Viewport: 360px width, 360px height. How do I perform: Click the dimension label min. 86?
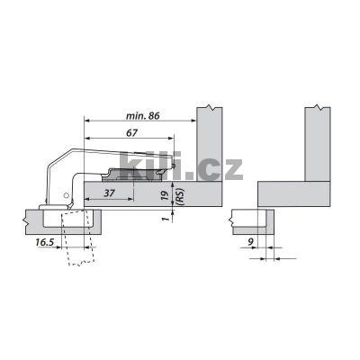pyautogui.click(x=142, y=115)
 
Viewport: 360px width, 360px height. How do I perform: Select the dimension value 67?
pyautogui.click(x=131, y=133)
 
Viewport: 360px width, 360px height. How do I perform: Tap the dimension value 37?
pyautogui.click(x=109, y=193)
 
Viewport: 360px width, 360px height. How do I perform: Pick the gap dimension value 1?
pyautogui.click(x=164, y=219)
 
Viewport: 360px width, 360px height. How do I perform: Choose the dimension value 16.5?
pyautogui.click(x=45, y=242)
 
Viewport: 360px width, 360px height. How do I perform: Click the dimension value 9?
pyautogui.click(x=251, y=241)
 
